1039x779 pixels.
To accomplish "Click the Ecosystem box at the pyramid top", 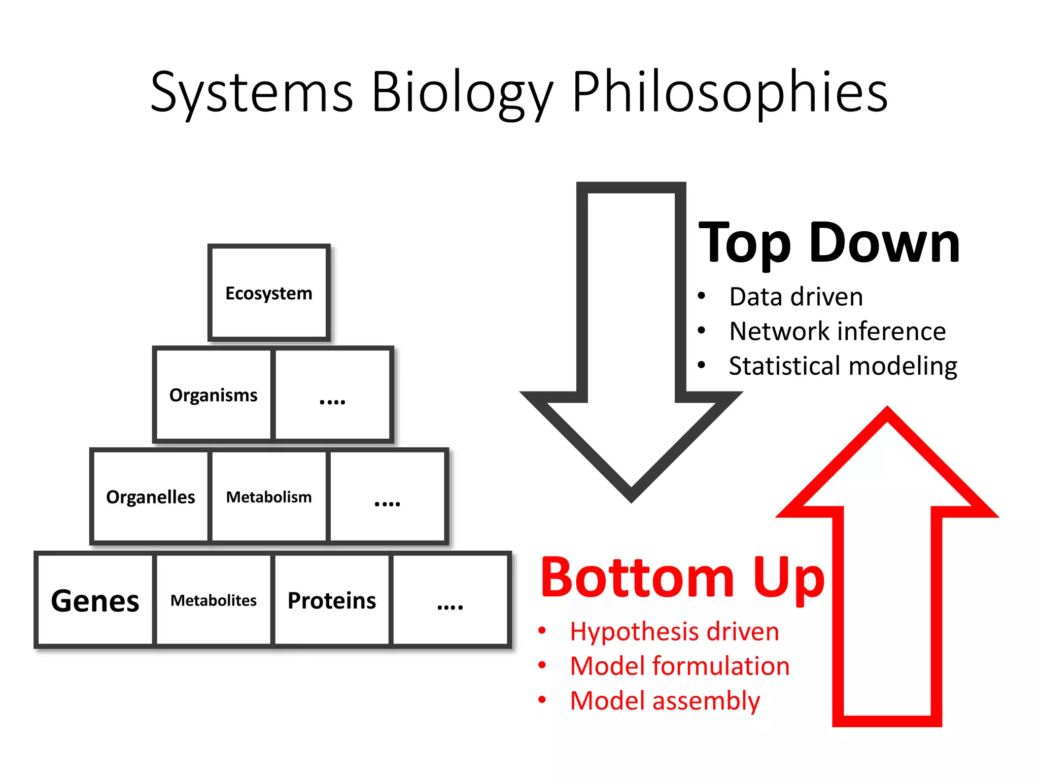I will point(269,293).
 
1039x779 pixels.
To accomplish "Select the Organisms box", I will point(213,395).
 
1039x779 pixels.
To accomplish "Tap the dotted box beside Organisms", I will point(332,395).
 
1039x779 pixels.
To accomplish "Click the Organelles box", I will point(150,497).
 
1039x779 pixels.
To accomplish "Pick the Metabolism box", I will point(269,497).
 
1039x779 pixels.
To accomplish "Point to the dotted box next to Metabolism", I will point(388,497).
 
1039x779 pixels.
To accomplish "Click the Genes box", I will point(95,600).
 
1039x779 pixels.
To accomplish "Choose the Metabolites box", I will point(213,600).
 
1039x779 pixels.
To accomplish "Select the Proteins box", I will point(332,600).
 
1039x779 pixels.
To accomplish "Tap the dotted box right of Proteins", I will point(450,600).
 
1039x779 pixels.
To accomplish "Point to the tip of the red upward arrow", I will point(887,410).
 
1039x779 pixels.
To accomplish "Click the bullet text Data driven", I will point(795,297).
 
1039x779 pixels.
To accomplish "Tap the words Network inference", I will point(837,331).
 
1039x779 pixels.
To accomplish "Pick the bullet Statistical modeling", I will point(843,366).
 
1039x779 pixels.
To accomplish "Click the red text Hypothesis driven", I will point(674,631).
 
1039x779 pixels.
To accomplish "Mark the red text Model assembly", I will point(665,700).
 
